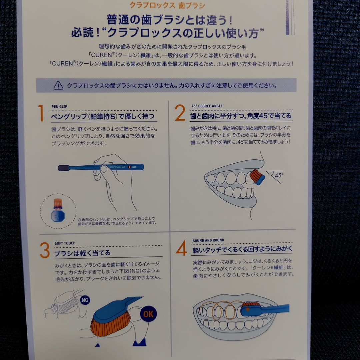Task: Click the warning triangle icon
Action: pos(58,85)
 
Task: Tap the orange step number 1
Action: pos(41,113)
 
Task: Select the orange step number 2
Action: pos(180,113)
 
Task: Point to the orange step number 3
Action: pos(45,250)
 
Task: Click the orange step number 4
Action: pos(181,248)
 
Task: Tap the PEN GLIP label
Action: pos(59,107)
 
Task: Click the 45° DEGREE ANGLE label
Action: pos(207,106)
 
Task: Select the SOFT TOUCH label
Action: pos(65,243)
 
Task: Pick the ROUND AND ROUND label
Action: pos(208,240)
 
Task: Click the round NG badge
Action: pos(85,300)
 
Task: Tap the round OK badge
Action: pos(148,314)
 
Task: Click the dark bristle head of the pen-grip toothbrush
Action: pos(64,168)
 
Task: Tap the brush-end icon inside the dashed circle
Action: pos(58,210)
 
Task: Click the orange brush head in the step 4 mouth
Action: pos(251,305)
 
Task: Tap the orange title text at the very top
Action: pos(167,5)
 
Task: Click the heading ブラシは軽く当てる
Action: pos(82,253)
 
